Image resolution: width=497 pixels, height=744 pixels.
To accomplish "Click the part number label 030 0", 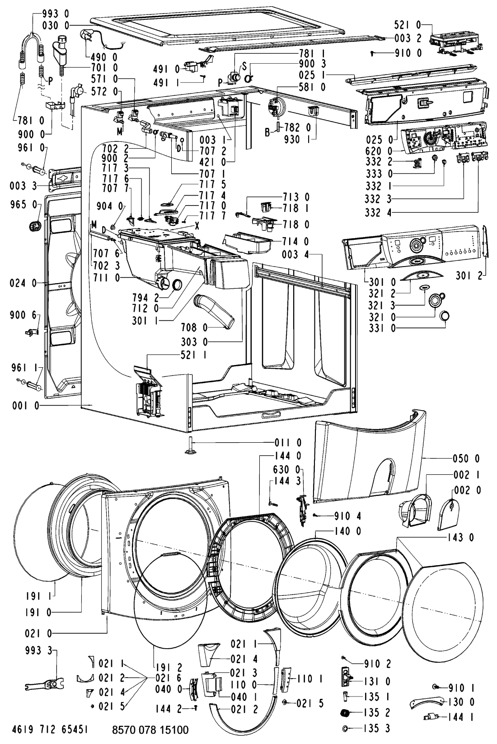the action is click(56, 25).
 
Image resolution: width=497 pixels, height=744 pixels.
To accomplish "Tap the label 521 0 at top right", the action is click(407, 24).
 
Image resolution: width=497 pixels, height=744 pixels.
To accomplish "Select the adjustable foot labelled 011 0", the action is click(192, 446).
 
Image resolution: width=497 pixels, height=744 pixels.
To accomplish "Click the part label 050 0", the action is click(466, 459).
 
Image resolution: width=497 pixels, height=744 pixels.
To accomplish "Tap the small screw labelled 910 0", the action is click(372, 53).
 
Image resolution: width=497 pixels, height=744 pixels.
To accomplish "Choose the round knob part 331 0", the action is click(445, 316).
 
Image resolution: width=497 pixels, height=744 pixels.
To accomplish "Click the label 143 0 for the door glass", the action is click(460, 537).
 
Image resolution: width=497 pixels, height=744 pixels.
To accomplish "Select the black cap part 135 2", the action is click(346, 712).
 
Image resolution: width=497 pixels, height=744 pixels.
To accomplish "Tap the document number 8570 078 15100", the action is click(150, 730).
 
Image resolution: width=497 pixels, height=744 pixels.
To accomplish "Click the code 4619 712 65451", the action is click(50, 730).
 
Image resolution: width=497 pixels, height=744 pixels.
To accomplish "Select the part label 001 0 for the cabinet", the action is click(26, 406).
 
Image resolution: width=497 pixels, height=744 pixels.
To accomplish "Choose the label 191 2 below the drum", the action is click(169, 667).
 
